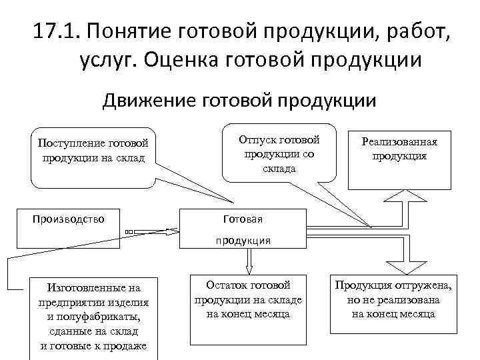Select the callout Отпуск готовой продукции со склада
coord(279,153)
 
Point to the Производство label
coord(67,217)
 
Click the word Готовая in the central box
coord(242,219)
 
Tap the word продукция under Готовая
coord(242,240)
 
